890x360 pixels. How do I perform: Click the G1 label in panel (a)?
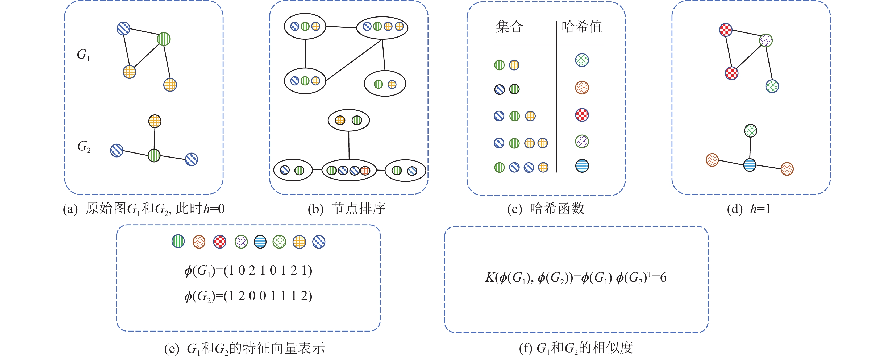pos(83,55)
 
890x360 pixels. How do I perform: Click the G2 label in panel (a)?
pos(84,147)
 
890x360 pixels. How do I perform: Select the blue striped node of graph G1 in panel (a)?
pos(123,28)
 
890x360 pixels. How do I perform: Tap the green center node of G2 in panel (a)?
pos(154,155)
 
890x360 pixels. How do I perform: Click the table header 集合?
pos(509,27)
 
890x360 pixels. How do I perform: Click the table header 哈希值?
pos(581,27)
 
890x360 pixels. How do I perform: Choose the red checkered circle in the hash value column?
pos(582,115)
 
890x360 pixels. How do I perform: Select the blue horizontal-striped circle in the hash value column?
pos(582,166)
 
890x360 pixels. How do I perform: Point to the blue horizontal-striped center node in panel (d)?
pos(749,165)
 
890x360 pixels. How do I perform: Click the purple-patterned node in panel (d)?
pos(766,40)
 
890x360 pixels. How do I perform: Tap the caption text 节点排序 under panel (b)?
pos(358,208)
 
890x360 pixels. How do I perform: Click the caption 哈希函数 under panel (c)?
pos(557,208)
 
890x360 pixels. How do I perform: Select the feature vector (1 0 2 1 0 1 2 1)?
pos(268,270)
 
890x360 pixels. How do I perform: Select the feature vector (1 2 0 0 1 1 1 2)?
pos(268,296)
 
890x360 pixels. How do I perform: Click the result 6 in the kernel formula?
pos(663,277)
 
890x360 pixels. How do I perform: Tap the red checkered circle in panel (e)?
pos(219,242)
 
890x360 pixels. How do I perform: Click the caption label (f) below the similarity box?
pos(525,348)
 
